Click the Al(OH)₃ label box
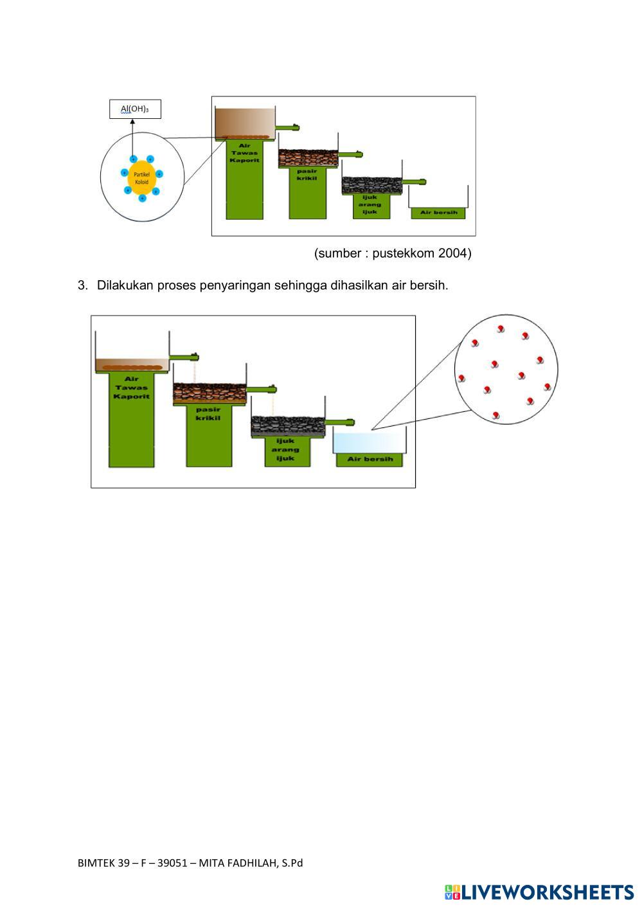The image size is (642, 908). [135, 109]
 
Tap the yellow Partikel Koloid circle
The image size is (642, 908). [141, 178]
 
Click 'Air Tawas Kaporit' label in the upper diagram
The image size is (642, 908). [245, 153]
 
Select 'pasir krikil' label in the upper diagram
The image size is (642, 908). [307, 174]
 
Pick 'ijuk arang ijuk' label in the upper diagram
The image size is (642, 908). [371, 204]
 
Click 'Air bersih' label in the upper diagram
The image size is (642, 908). [438, 213]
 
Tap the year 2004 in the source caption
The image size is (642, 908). [454, 253]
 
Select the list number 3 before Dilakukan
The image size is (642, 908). [82, 285]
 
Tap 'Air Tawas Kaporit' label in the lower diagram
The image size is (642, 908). [132, 387]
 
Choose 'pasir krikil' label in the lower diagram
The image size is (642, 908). [208, 414]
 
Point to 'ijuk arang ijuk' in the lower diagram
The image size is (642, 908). [286, 449]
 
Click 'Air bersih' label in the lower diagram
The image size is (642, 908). [370, 459]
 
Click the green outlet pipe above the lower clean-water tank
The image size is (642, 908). [341, 422]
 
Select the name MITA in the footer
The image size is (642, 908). [213, 863]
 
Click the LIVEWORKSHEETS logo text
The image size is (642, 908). [548, 892]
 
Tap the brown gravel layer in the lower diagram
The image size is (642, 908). [210, 393]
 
